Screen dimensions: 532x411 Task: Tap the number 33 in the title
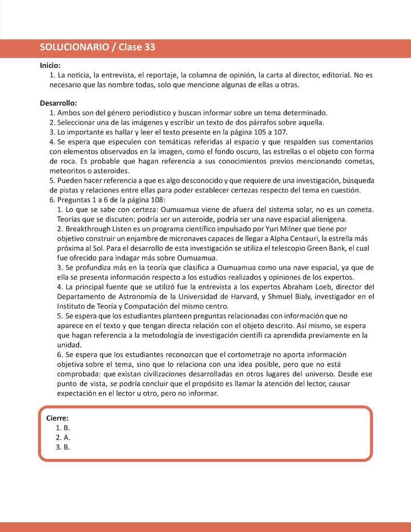(x=148, y=47)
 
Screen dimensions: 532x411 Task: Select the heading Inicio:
(x=50, y=66)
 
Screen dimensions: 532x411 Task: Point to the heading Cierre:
(x=58, y=418)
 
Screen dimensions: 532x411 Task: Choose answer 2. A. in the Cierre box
(x=63, y=437)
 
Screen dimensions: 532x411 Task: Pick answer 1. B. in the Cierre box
(x=63, y=428)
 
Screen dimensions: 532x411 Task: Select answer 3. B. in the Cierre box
(x=63, y=447)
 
